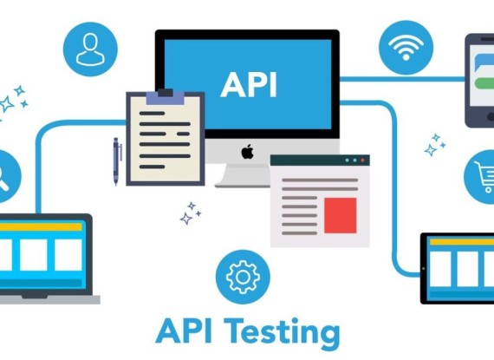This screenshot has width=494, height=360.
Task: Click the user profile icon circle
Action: (90, 49)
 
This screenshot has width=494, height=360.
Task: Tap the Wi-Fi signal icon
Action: (406, 48)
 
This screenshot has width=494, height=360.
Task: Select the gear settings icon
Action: (243, 277)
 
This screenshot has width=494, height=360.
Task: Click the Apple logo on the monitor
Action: (248, 152)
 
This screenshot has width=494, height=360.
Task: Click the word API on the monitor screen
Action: (249, 85)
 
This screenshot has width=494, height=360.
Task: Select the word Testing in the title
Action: (282, 332)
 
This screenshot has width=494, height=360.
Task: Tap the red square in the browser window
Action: (341, 216)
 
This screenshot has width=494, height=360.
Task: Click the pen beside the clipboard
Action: (116, 160)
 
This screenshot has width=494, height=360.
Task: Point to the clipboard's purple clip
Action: (166, 97)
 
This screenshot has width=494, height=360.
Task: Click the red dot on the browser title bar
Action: (362, 160)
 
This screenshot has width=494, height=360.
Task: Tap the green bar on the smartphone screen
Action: (484, 84)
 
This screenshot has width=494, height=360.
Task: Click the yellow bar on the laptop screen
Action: (41, 227)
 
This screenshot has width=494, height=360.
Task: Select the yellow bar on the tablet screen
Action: (462, 242)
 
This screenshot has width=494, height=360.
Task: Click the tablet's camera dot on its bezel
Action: (424, 269)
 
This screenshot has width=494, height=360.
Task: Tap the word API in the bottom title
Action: (184, 331)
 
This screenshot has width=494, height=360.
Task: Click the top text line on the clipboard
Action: (153, 114)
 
